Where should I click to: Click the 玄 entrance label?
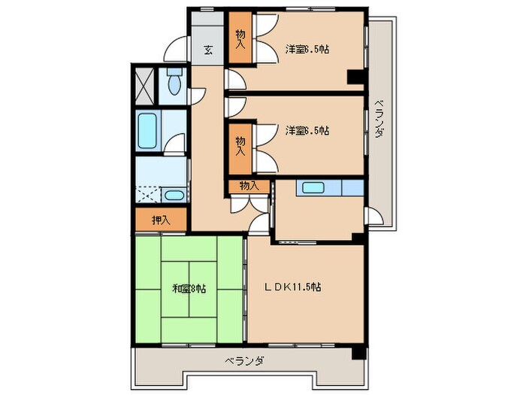tap(207, 51)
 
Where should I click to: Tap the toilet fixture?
tap(174, 83)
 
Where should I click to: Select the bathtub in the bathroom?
tap(147, 132)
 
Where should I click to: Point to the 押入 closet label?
tap(161, 220)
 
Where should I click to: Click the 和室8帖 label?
tap(189, 287)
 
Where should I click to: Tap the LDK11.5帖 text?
tap(292, 287)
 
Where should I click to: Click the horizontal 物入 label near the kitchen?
tap(249, 186)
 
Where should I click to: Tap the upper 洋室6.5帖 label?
tap(307, 50)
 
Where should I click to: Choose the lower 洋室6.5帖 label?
tap(307, 131)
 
